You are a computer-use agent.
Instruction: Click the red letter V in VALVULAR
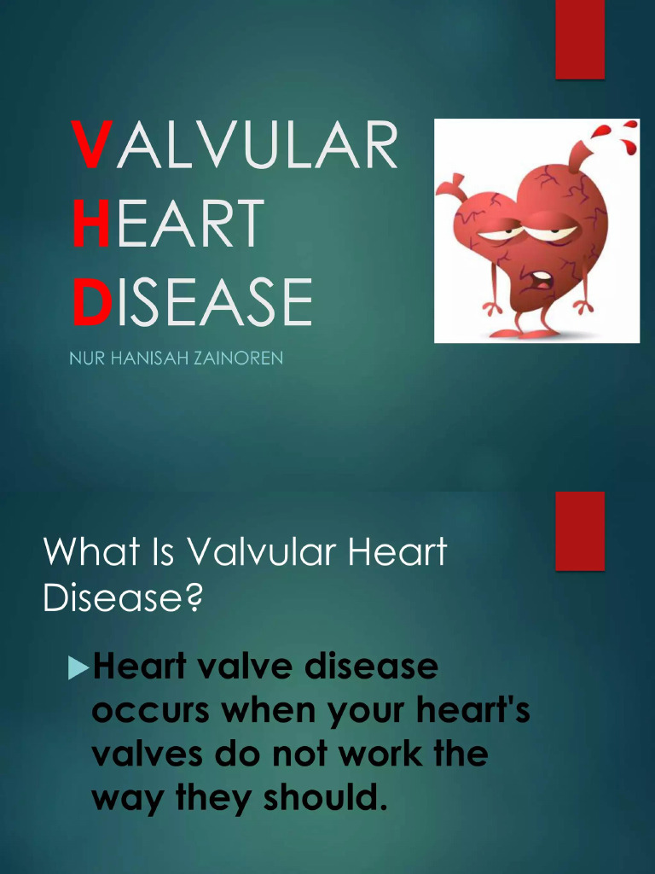point(91,146)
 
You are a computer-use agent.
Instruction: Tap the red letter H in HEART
point(91,224)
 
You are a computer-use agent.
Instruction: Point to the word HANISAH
point(148,358)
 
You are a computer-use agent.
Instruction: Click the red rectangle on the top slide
point(580,39)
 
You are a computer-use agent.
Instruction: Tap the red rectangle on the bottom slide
point(580,530)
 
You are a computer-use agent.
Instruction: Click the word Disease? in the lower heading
point(123,597)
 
